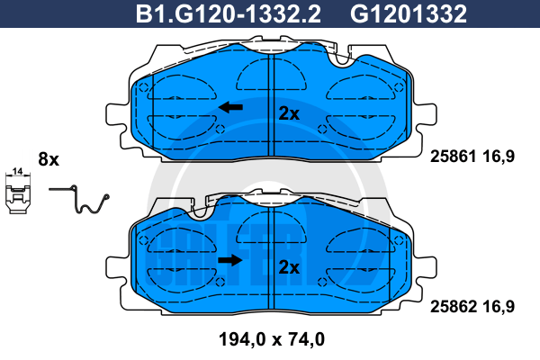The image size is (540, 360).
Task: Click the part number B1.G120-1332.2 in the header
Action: (x=229, y=13)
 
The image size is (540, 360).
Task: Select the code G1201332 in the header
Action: (x=409, y=13)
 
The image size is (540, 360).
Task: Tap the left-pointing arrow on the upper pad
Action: (x=230, y=107)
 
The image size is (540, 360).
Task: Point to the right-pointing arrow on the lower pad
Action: (x=230, y=260)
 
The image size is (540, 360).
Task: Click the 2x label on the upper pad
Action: (x=289, y=113)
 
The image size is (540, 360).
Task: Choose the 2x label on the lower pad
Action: (x=289, y=267)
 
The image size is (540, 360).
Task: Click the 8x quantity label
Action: (x=49, y=159)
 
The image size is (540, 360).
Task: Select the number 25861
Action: (x=454, y=157)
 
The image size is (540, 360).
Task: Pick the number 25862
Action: (x=454, y=306)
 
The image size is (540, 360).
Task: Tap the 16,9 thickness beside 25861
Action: (x=499, y=157)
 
